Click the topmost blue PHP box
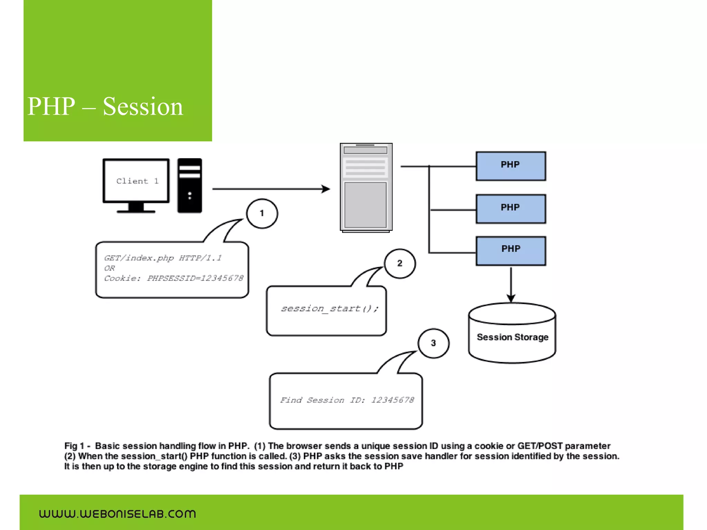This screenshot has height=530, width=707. (511, 166)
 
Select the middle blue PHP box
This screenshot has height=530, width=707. (511, 209)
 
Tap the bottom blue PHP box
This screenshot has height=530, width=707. (511, 251)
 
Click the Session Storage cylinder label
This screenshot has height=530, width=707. (512, 337)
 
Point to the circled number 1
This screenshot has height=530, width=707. (262, 214)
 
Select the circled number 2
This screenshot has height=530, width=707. (400, 264)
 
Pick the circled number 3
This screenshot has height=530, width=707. (433, 343)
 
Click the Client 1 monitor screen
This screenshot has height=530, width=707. (136, 181)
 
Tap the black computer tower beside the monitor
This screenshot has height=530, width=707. (190, 186)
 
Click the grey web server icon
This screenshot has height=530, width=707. (366, 187)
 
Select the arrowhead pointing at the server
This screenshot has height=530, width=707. (326, 189)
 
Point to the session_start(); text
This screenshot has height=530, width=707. (330, 308)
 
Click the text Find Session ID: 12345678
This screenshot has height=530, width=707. (347, 400)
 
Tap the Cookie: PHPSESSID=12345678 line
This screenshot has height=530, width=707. (174, 278)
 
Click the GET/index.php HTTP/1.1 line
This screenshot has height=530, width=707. (163, 258)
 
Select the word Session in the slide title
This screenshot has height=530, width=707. (143, 106)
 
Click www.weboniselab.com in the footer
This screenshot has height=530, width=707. (117, 514)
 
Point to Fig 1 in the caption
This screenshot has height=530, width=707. (74, 446)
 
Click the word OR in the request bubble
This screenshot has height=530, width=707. (109, 268)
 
